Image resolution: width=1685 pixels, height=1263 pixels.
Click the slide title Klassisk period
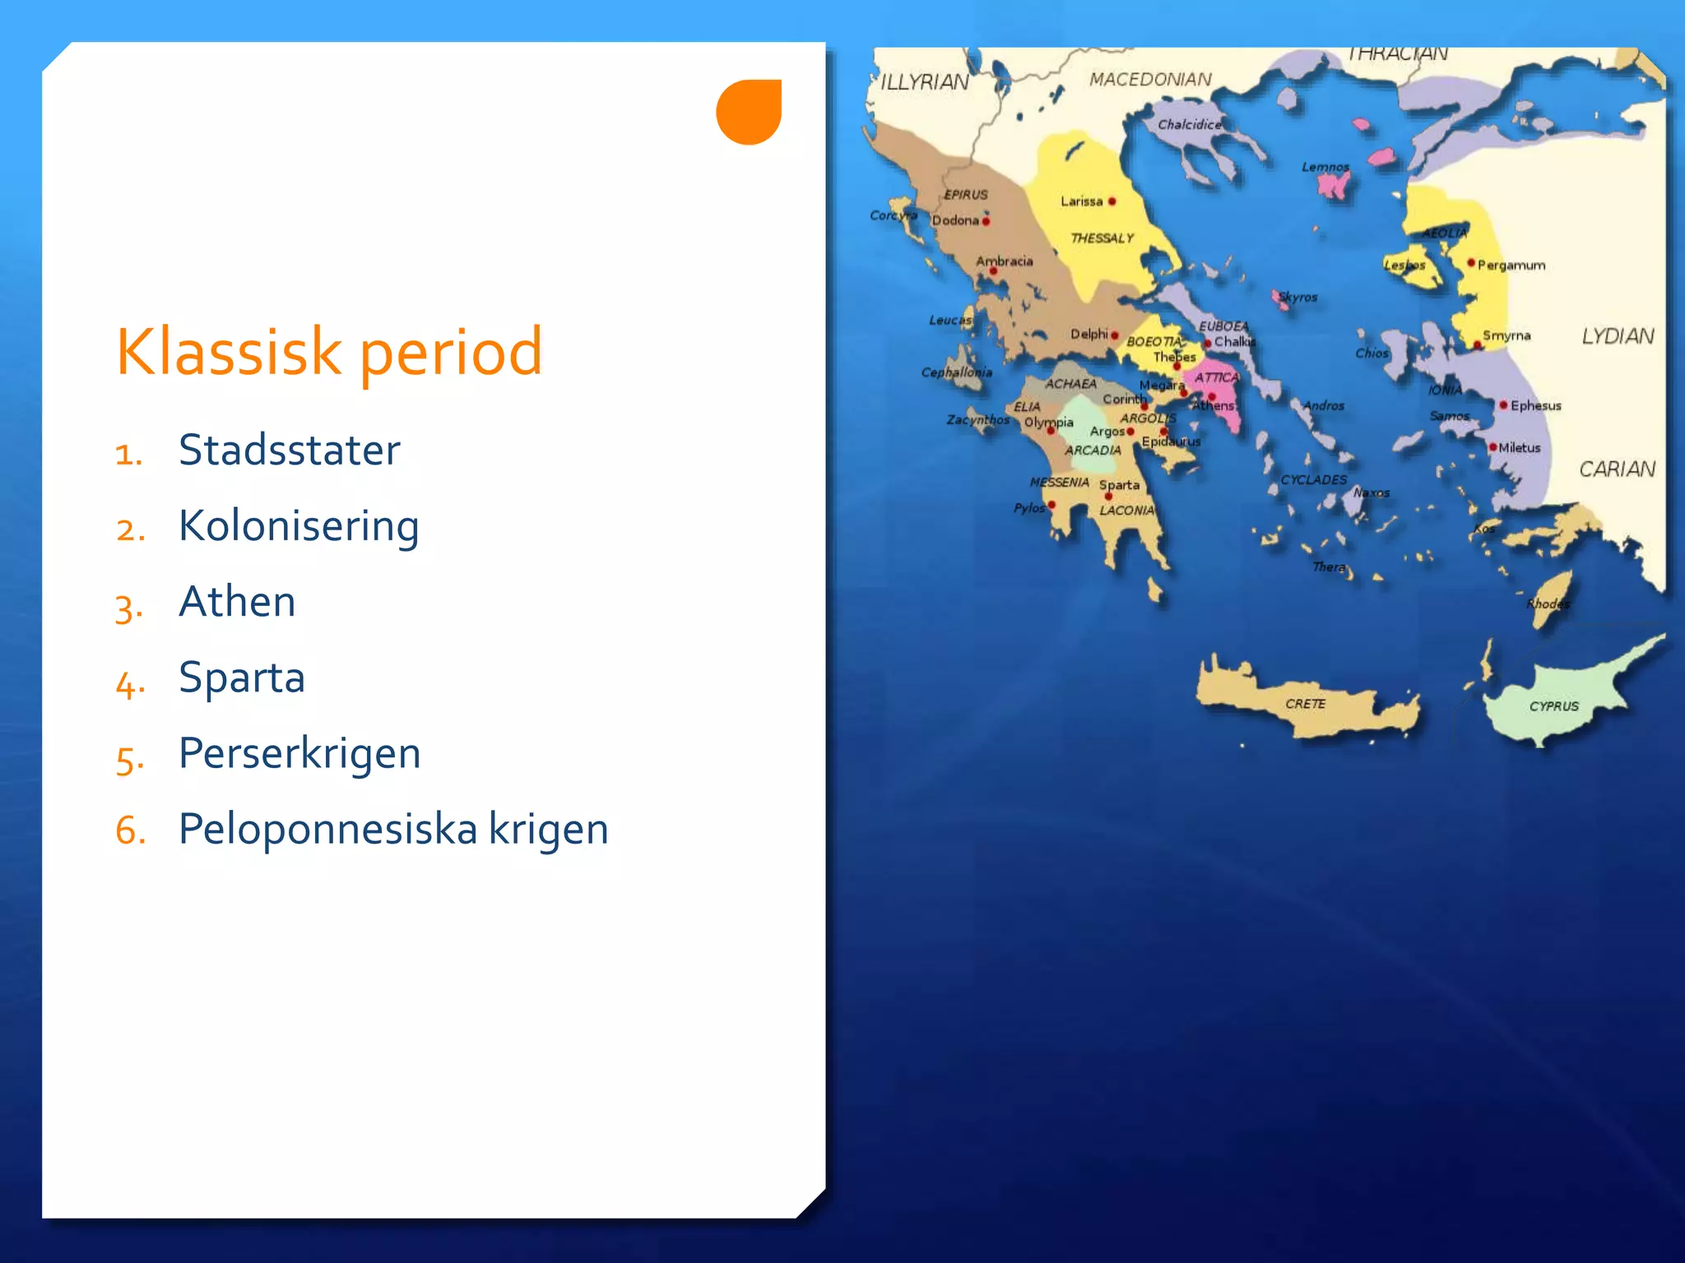(x=329, y=352)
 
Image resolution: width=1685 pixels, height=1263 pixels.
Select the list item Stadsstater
(x=289, y=450)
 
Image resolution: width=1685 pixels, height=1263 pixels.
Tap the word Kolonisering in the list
(x=299, y=525)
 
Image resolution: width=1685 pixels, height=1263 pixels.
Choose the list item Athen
(x=237, y=601)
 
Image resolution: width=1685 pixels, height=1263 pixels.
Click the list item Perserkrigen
(x=299, y=752)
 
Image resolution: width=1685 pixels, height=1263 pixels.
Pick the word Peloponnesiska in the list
(x=327, y=829)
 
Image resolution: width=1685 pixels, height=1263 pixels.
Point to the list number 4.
(x=129, y=682)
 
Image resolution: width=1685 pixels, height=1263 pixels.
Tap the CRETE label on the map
(x=1305, y=704)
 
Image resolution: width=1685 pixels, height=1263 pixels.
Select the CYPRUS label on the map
(x=1553, y=706)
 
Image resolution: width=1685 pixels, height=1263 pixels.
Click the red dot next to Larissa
(x=1112, y=201)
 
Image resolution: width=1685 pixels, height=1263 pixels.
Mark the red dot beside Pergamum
(x=1471, y=263)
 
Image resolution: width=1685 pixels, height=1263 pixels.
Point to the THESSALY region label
(x=1102, y=238)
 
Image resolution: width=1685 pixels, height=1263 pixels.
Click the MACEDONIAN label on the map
(x=1150, y=80)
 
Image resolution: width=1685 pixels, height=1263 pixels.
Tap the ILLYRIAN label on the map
(x=925, y=82)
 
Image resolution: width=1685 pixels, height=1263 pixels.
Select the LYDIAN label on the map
(x=1618, y=336)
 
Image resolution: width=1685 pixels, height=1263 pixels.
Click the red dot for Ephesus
(x=1503, y=405)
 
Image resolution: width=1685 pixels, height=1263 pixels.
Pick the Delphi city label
(x=1089, y=334)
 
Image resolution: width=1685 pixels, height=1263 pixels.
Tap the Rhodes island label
(x=1548, y=604)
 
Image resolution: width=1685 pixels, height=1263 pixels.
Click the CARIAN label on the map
(x=1617, y=470)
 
